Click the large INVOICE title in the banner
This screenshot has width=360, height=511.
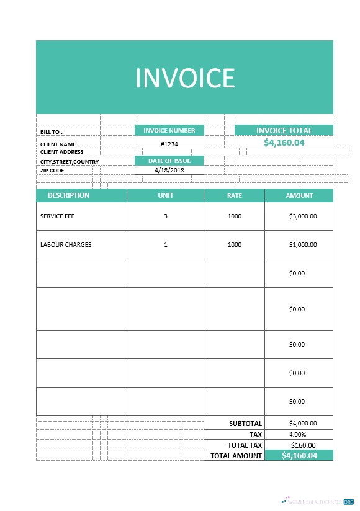tap(184, 78)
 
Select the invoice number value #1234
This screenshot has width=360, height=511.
tap(169, 143)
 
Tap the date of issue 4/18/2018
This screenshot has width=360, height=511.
tap(169, 170)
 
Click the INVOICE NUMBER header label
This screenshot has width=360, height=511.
tap(169, 130)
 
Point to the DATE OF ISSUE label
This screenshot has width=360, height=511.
tap(169, 161)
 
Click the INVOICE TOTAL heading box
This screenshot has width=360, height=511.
tap(284, 130)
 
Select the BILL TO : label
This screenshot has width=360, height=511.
tap(52, 132)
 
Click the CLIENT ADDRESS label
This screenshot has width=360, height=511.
tap(61, 152)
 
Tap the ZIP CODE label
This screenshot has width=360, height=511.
tap(52, 170)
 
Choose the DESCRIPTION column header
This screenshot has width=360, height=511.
tap(68, 195)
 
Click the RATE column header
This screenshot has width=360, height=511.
tap(234, 195)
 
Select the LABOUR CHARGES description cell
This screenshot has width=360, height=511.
tap(66, 244)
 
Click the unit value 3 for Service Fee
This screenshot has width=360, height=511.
tap(166, 216)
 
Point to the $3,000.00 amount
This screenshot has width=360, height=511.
tap(303, 216)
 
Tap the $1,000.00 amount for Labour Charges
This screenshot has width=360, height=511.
tap(303, 244)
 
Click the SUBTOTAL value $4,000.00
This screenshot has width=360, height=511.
tap(303, 424)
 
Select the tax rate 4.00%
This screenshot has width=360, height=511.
tap(298, 434)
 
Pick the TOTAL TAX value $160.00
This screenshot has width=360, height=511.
tap(303, 445)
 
